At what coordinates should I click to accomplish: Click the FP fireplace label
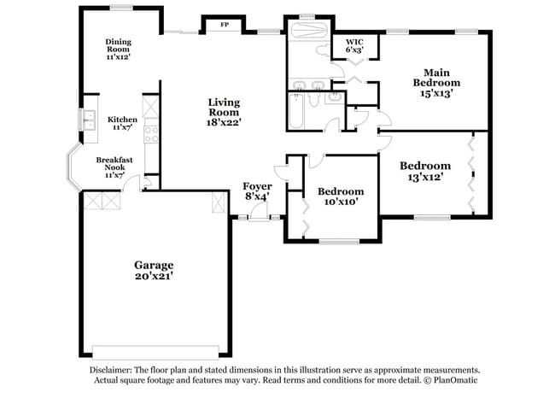225,25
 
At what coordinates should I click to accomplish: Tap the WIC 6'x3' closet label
354,46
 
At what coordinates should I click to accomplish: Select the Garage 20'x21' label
154,271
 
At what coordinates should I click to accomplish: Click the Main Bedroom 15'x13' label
436,83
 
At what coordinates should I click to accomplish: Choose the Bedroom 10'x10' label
340,196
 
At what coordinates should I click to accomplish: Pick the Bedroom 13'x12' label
425,172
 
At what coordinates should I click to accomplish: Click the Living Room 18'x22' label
225,112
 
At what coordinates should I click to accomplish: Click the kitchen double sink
88,121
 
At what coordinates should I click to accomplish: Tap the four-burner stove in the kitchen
151,133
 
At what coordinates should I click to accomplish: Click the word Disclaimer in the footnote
113,370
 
